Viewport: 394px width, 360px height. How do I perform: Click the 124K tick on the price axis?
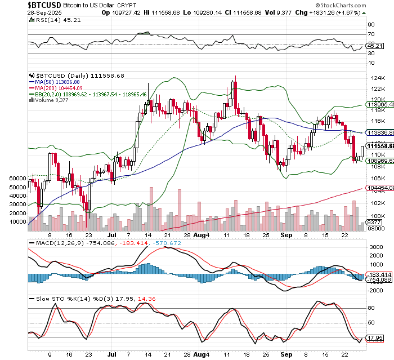(x=374, y=78)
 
